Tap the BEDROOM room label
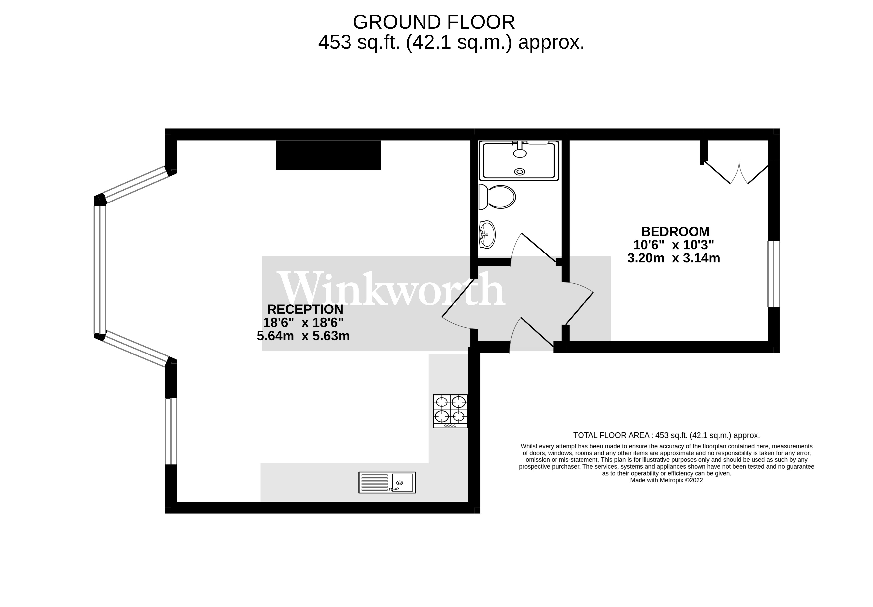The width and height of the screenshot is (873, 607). pos(675,231)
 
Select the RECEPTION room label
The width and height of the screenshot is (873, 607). pos(305,309)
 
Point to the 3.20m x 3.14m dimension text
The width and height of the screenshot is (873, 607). pos(673,258)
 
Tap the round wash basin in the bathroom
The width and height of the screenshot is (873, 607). pos(487,235)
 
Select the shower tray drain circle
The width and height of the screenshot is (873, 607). pos(519,172)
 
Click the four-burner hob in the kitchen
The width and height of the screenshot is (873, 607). pos(450,411)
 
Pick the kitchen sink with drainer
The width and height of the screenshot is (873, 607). pos(387,482)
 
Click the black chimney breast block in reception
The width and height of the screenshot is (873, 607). pos(328,155)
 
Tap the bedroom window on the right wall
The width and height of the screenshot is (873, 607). pos(773,274)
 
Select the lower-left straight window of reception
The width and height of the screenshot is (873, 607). pos(171,431)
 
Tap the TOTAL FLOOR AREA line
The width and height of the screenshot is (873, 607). pos(666,435)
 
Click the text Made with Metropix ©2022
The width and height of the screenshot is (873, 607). pos(666,480)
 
